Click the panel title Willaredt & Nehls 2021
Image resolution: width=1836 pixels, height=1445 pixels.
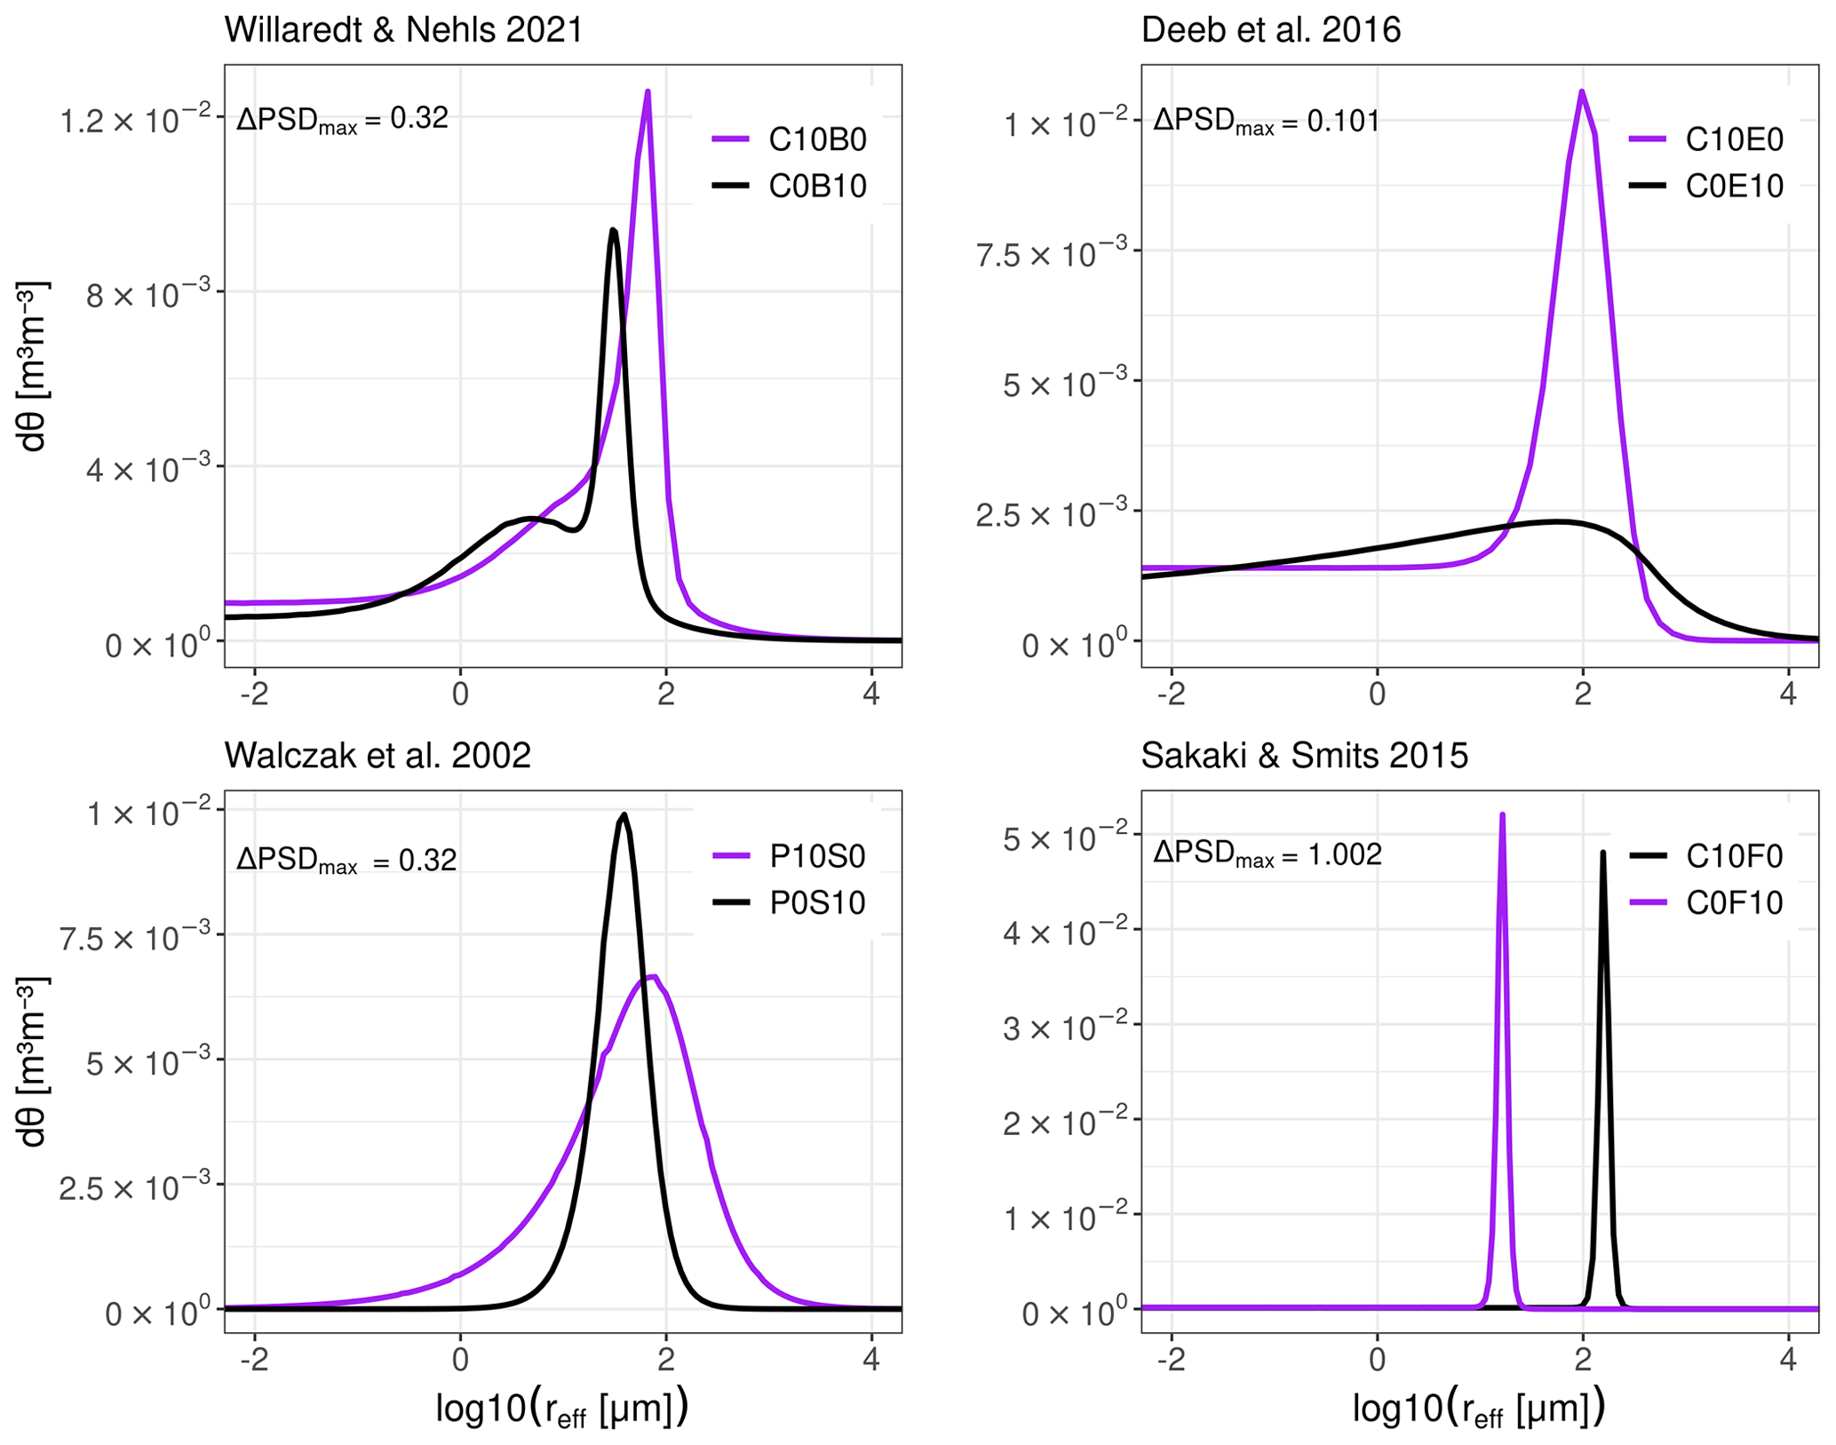coord(403,30)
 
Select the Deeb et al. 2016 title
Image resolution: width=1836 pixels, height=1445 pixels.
coord(1270,30)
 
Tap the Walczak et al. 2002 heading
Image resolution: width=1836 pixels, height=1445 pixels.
coord(378,756)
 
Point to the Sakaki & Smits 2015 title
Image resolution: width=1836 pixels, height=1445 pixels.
coord(1304,756)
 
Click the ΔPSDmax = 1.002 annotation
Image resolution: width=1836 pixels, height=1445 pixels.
coord(1268,854)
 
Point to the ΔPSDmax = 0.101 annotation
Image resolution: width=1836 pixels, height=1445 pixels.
coord(1266,121)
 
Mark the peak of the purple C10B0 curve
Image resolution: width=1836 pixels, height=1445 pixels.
coord(648,91)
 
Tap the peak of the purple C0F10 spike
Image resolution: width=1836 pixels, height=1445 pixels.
coord(1502,814)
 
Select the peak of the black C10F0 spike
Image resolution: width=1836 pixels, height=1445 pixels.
coord(1602,853)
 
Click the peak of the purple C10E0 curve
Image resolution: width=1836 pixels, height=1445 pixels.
coord(1582,91)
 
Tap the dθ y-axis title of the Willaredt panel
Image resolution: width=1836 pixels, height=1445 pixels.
coord(34,366)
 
